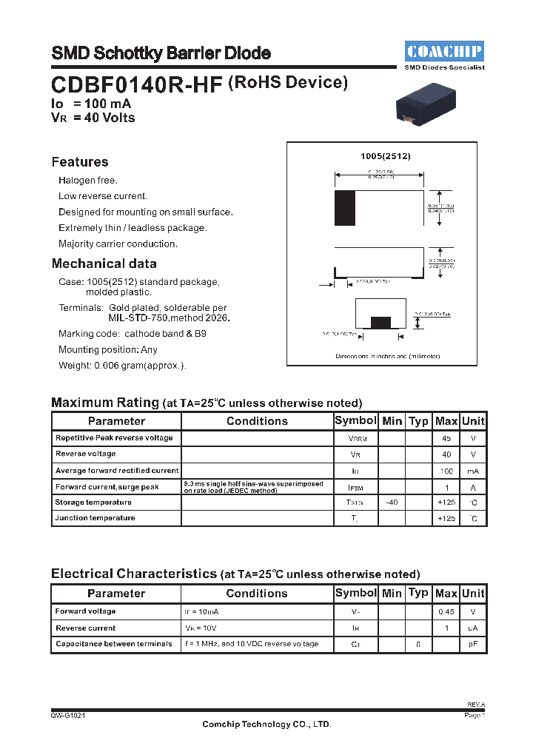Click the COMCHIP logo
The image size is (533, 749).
(x=444, y=51)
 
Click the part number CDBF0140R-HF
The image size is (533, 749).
(x=136, y=85)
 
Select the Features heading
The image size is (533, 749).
(x=80, y=162)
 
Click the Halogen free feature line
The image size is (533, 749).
(x=88, y=181)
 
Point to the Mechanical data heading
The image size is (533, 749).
(x=104, y=263)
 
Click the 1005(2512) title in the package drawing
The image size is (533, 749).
(x=385, y=157)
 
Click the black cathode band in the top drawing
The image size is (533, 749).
(x=344, y=208)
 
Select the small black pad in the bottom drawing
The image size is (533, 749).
(x=381, y=322)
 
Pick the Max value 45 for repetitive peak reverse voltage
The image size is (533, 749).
(x=446, y=438)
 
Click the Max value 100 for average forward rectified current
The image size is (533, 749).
(x=446, y=471)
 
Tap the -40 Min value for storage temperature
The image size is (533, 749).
(x=392, y=503)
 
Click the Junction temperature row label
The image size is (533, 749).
(x=95, y=518)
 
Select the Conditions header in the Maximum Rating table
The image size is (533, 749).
(x=257, y=421)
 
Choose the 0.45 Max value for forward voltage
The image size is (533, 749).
(x=446, y=612)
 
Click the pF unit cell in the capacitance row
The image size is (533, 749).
(x=473, y=645)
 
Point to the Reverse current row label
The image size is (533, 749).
(x=86, y=628)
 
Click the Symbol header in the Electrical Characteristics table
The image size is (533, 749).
(x=356, y=593)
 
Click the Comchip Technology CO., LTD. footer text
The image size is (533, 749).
(x=266, y=725)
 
